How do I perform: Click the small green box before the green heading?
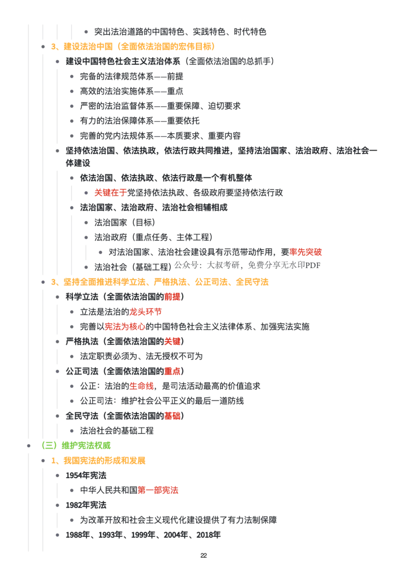(48, 446)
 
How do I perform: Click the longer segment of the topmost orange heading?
(166, 47)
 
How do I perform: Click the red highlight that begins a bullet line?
(110, 193)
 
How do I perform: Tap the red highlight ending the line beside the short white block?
(306, 251)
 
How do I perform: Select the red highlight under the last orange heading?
(158, 491)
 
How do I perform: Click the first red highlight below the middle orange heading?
(172, 297)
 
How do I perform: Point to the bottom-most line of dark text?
(144, 534)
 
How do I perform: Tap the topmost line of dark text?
(181, 31)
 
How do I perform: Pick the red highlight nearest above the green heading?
(172, 416)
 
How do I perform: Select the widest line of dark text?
(222, 151)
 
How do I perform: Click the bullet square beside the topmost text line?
(85, 32)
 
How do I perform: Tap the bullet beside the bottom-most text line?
(57, 534)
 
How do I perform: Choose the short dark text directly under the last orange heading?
(87, 476)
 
